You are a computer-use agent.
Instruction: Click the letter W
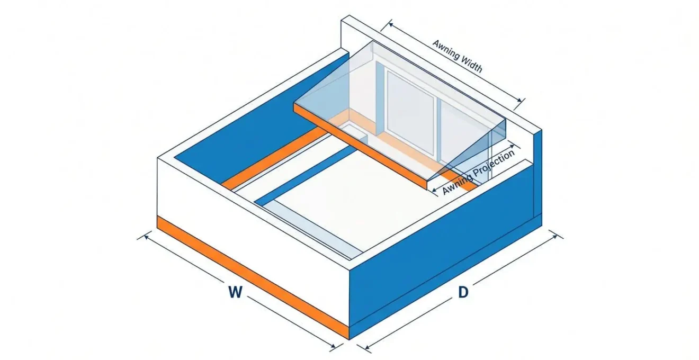(235, 292)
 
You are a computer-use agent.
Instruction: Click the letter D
(463, 292)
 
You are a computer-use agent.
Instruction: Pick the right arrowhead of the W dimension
(333, 345)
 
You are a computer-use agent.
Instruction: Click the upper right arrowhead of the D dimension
(555, 237)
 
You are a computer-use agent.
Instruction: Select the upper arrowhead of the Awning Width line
(390, 24)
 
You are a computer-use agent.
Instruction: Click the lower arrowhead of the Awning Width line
(518, 100)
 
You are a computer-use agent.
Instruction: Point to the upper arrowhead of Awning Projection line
(512, 146)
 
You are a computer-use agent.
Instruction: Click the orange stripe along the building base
(253, 278)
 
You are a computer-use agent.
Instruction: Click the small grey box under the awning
(353, 132)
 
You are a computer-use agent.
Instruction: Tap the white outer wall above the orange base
(253, 218)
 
